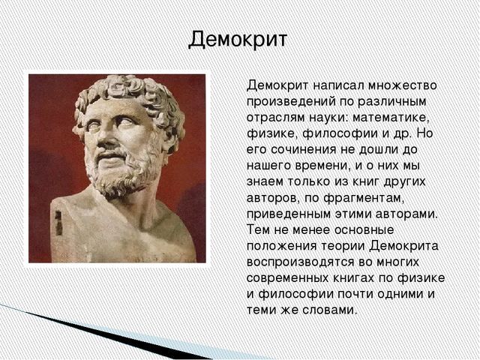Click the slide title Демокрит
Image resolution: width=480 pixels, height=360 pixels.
[x=238, y=40]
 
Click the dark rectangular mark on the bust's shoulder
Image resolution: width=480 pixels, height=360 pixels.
[x=58, y=223]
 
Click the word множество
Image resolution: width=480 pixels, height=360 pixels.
[x=402, y=85]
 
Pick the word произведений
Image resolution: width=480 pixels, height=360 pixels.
[x=292, y=102]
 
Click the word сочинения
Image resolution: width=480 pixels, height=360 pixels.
[x=303, y=150]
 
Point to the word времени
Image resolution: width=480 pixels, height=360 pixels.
[x=322, y=166]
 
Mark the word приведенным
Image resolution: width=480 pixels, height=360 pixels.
[x=289, y=214]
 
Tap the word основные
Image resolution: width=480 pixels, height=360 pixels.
[x=364, y=230]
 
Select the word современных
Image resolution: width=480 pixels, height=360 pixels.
[x=286, y=278]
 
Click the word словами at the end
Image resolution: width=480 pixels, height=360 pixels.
[x=329, y=310]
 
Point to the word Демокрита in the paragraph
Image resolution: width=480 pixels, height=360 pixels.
[x=403, y=246]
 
